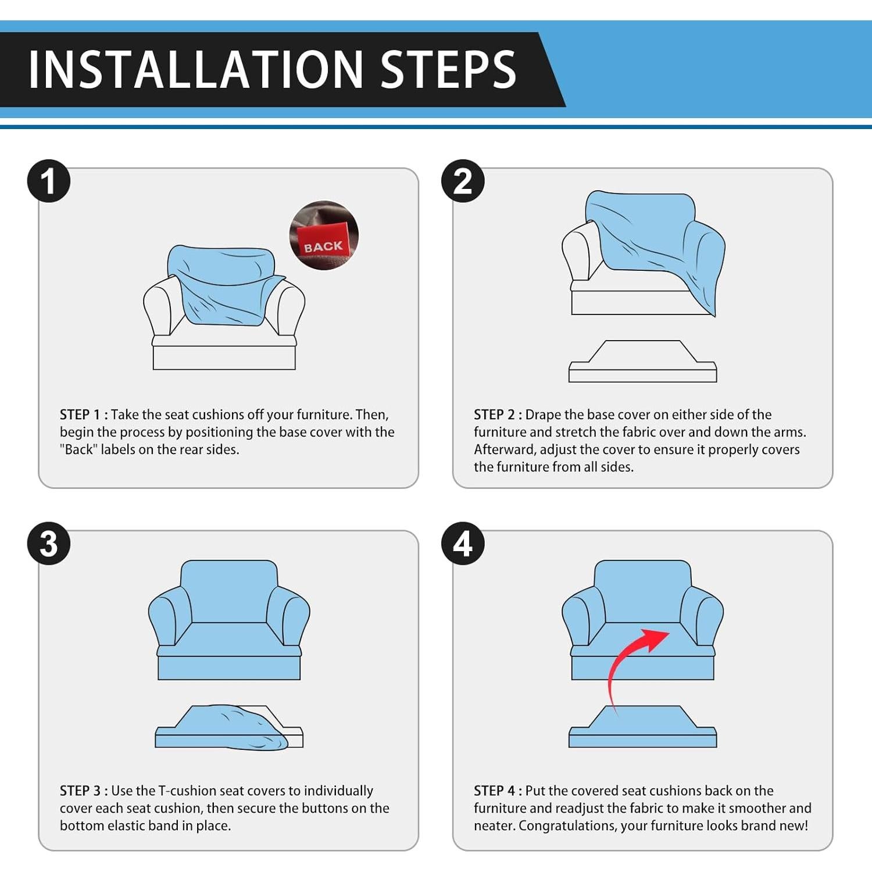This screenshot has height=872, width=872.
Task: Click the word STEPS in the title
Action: pos(448,69)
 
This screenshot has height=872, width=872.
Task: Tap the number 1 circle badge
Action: pos(49,181)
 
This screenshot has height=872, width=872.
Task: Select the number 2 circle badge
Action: pos(463,181)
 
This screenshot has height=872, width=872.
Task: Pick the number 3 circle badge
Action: pos(49,544)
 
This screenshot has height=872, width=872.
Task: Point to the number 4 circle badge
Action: pos(463,544)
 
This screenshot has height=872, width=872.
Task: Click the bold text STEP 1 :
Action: pos(84,414)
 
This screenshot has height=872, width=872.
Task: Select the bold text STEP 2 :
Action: pos(498,414)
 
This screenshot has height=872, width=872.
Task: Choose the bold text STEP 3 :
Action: pos(84,791)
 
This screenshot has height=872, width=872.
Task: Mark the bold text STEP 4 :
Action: pos(498,791)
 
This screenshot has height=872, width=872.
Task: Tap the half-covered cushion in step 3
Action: pos(229,728)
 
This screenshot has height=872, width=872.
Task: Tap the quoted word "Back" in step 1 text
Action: pos(78,449)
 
